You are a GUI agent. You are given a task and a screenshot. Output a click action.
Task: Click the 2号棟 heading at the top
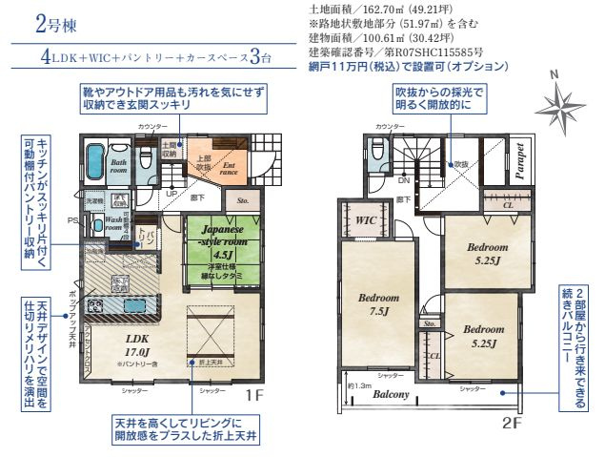[x=50, y=22]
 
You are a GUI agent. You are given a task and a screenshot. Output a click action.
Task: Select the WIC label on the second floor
[x=366, y=220]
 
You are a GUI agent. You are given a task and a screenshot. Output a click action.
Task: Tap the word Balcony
[x=392, y=394]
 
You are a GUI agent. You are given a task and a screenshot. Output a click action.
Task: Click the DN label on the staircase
[x=403, y=179]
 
